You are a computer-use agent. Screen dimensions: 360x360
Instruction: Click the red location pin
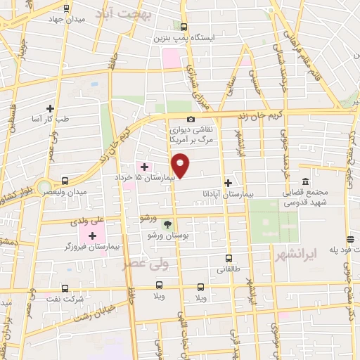(181, 165)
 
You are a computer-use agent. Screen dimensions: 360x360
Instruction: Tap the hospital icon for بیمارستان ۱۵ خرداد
(145, 167)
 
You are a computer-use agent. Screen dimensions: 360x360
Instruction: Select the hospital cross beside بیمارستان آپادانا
(228, 181)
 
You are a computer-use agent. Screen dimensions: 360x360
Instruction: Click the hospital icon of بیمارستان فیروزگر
(92, 235)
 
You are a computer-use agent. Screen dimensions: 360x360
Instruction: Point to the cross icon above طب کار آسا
(50, 108)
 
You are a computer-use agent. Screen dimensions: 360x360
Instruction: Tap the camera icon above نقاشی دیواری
(191, 120)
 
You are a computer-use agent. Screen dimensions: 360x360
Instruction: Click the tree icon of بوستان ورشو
(167, 224)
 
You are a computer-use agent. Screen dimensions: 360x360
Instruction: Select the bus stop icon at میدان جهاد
(65, 9)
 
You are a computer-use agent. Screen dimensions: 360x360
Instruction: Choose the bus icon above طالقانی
(228, 258)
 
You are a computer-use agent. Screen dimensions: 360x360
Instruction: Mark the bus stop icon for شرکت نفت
(65, 288)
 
